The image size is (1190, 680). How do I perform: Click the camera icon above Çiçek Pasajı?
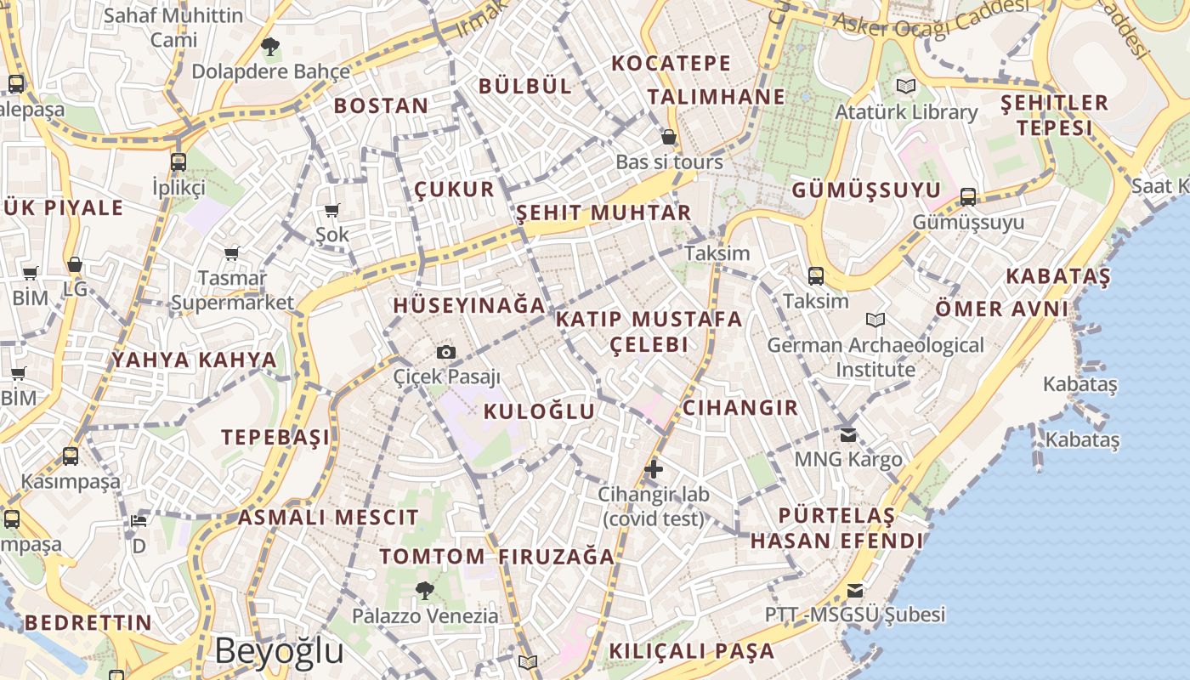coord(445,352)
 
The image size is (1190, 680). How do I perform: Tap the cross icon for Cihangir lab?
coord(653,468)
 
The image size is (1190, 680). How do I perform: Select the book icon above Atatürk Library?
coord(906,86)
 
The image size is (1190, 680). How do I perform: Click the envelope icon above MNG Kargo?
coord(848,435)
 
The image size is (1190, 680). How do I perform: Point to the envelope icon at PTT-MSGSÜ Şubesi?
coord(855,590)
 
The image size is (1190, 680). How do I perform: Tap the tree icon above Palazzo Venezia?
coord(425,589)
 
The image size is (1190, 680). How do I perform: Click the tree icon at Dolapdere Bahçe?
coord(270,47)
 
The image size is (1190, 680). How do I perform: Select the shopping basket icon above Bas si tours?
coord(669,137)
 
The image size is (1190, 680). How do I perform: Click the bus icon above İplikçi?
coord(178,161)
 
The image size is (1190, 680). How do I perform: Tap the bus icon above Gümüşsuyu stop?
coord(967,197)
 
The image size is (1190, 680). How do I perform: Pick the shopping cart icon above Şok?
coord(332,209)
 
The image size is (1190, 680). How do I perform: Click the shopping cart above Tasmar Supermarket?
coord(232,252)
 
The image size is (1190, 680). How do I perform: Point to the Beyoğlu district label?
coord(279,651)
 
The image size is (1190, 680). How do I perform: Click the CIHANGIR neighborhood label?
coord(740,408)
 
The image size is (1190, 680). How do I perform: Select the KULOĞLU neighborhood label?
coord(539,412)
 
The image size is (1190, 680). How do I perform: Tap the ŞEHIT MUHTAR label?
coord(603,212)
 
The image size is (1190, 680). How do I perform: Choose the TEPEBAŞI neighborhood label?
coord(275,438)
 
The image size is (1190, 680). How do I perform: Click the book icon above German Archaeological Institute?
coord(875,320)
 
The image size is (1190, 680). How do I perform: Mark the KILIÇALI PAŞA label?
coord(691,652)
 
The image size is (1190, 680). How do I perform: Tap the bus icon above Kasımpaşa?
coord(71,456)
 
